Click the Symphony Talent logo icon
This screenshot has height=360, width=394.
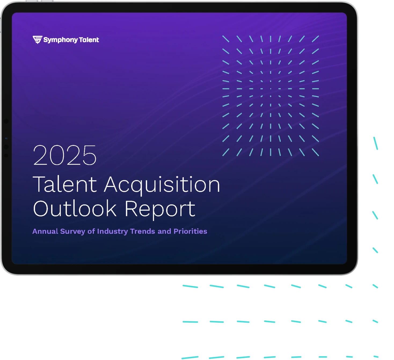pyautogui.click(x=37, y=40)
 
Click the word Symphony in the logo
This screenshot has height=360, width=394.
pyautogui.click(x=60, y=40)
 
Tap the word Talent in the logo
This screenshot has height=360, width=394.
pyautogui.click(x=89, y=40)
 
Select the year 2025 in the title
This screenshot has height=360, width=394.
pyautogui.click(x=65, y=155)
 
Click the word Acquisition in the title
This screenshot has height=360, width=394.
pyautogui.click(x=162, y=185)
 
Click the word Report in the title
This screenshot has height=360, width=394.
pyautogui.click(x=160, y=210)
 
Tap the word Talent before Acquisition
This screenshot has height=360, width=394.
pyautogui.click(x=65, y=184)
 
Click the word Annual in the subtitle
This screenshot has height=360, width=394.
pyautogui.click(x=45, y=231)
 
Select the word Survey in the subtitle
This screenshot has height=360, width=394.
pyautogui.click(x=73, y=232)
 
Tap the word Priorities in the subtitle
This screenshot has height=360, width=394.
pyautogui.click(x=190, y=231)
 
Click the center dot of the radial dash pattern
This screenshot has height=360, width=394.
pyautogui.click(x=271, y=89)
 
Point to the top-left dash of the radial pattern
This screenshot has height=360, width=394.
pyautogui.click(x=226, y=39)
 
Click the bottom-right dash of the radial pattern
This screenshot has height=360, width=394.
pyautogui.click(x=315, y=152)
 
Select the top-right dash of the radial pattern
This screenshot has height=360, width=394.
pyautogui.click(x=315, y=39)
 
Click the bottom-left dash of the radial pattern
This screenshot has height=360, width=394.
pyautogui.click(x=226, y=152)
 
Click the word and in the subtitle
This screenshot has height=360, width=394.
pyautogui.click(x=165, y=231)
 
